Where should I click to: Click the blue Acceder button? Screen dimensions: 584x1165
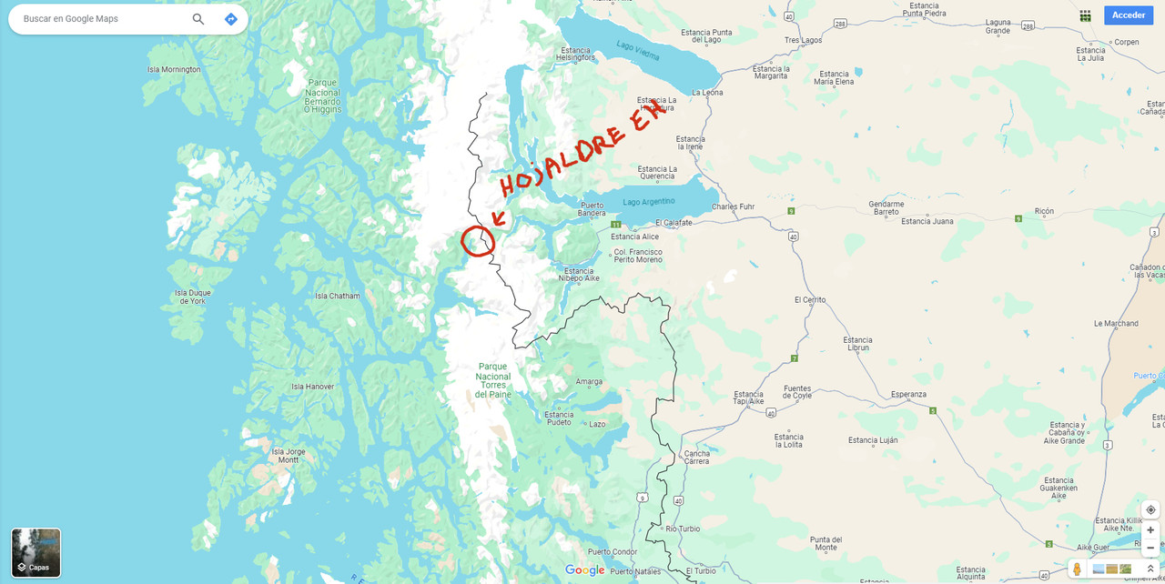(1129, 15)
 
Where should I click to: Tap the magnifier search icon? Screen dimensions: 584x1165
(198, 19)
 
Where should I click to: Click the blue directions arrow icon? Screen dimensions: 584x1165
(230, 19)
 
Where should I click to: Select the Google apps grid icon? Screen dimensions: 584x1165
(1085, 15)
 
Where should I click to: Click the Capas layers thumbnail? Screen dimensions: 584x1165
(36, 552)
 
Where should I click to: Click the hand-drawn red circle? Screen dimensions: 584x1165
(477, 241)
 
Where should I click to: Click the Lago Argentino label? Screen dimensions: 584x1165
(649, 202)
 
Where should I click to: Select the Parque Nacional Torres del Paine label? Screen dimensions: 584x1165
(493, 380)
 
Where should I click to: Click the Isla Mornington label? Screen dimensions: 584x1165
(174, 70)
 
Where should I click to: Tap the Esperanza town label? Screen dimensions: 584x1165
(908, 394)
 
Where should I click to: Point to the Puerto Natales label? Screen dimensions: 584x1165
(635, 571)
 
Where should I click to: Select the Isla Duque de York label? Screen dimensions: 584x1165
(193, 297)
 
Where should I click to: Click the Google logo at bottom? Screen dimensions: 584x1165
(584, 570)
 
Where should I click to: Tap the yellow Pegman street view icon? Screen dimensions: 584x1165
(1078, 569)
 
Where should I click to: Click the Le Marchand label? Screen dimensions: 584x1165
(1116, 324)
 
